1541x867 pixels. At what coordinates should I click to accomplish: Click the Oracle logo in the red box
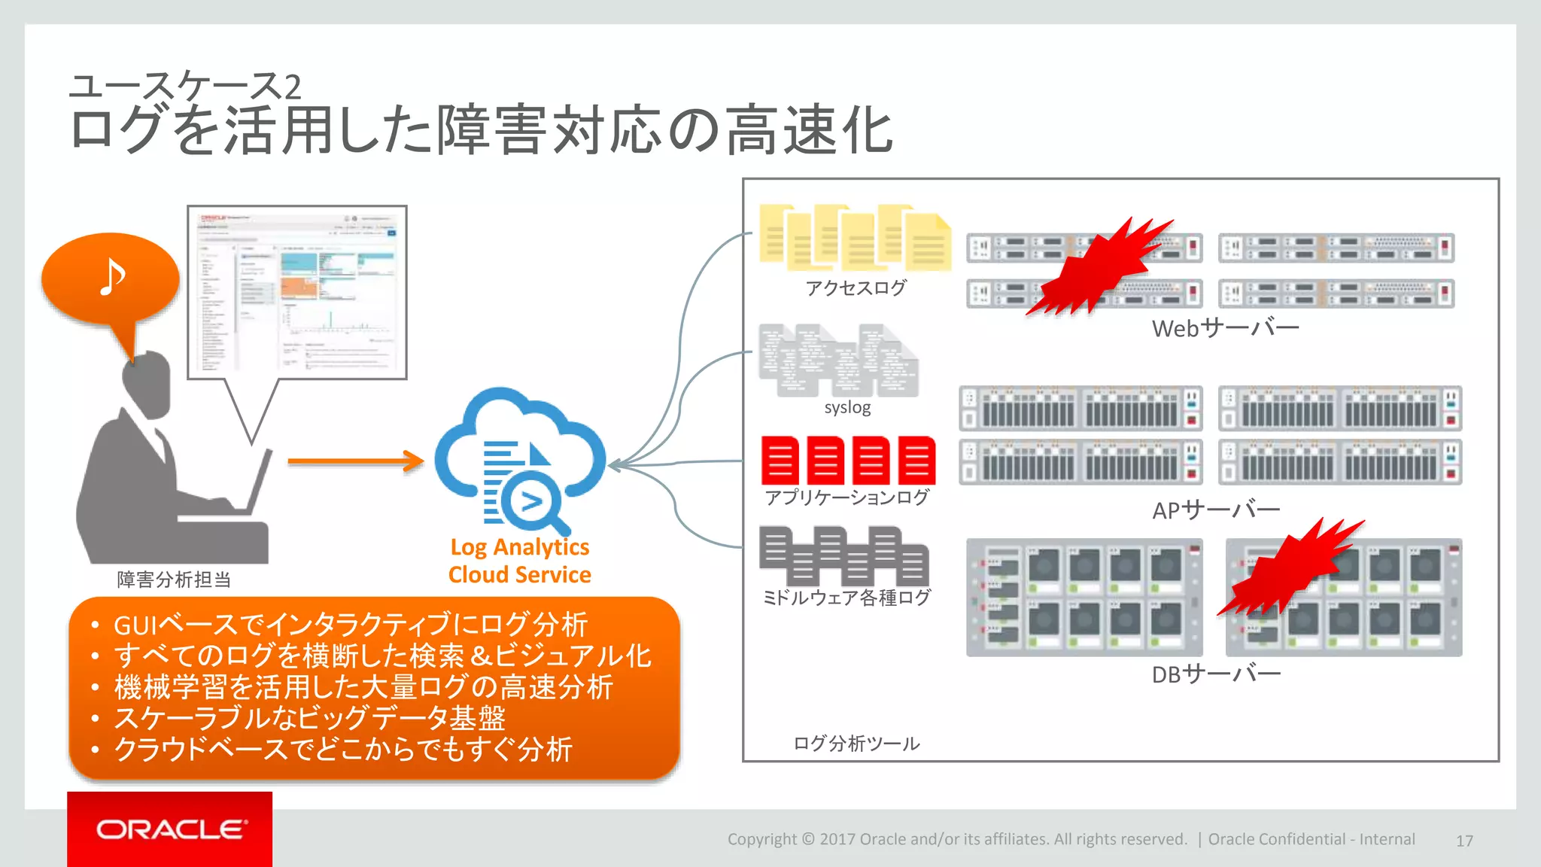pyautogui.click(x=170, y=829)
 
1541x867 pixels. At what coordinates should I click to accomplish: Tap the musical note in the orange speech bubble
pyautogui.click(x=112, y=278)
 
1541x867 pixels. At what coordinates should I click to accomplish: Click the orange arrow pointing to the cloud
pyautogui.click(x=356, y=461)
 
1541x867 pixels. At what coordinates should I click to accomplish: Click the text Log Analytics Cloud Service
pyautogui.click(x=520, y=561)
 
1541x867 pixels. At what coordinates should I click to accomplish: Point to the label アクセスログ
pyautogui.click(x=856, y=288)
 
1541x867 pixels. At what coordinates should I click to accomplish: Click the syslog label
pyautogui.click(x=847, y=408)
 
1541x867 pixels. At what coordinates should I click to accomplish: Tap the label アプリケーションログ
pyautogui.click(x=847, y=497)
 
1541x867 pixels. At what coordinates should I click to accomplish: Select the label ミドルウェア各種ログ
pyautogui.click(x=847, y=598)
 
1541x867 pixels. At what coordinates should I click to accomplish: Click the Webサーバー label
pyautogui.click(x=1225, y=328)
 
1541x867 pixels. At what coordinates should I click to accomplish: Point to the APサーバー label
pyautogui.click(x=1216, y=510)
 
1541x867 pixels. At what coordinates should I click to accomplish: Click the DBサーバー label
pyautogui.click(x=1216, y=674)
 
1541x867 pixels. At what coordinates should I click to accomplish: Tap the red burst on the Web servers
pyautogui.click(x=1099, y=267)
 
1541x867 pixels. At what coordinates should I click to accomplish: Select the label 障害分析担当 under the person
pyautogui.click(x=174, y=580)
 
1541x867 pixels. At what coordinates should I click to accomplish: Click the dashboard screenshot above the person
pyautogui.click(x=297, y=292)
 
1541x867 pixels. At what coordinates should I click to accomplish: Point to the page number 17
pyautogui.click(x=1464, y=841)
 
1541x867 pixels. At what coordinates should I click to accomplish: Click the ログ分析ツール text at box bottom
pyautogui.click(x=856, y=744)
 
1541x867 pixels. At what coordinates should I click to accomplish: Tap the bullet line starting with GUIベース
pyautogui.click(x=350, y=625)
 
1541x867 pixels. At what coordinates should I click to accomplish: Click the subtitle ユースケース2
pyautogui.click(x=185, y=87)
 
